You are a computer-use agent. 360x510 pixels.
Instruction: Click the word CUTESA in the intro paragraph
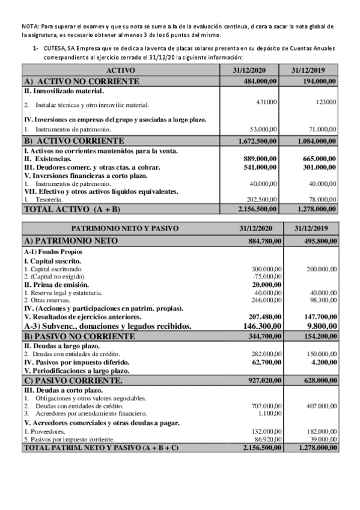tap(54, 48)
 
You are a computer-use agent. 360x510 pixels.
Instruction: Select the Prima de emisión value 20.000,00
tap(263, 284)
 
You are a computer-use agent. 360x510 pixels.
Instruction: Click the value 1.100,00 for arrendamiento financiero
tap(268, 413)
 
